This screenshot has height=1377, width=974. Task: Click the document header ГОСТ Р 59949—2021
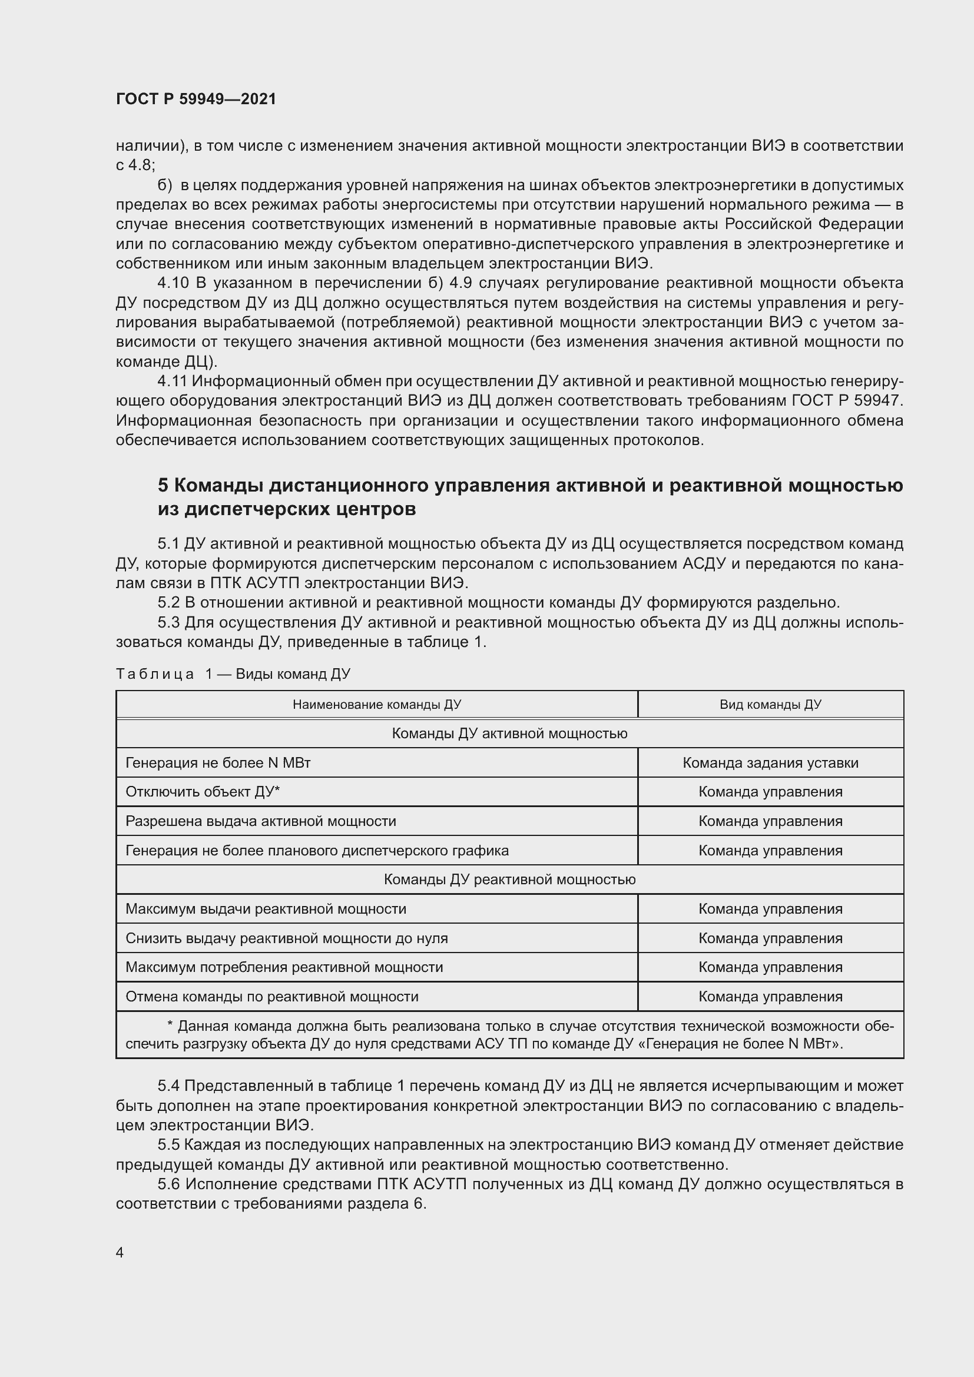click(x=196, y=99)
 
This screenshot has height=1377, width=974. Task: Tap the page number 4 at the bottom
click(x=120, y=1252)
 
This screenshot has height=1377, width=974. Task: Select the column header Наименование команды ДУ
click(x=377, y=704)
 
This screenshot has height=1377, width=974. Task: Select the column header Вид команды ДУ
click(x=770, y=704)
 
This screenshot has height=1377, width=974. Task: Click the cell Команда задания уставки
click(x=770, y=763)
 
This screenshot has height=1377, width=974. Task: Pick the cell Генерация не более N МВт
click(x=218, y=763)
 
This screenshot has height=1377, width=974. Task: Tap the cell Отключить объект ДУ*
click(x=203, y=792)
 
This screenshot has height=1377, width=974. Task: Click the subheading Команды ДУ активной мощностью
click(x=509, y=734)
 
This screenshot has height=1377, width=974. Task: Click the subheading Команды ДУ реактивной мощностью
click(x=509, y=879)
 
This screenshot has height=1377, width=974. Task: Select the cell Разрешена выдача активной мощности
click(x=261, y=821)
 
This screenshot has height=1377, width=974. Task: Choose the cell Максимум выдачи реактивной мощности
click(x=266, y=908)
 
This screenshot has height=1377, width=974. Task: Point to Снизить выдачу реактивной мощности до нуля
click(x=287, y=938)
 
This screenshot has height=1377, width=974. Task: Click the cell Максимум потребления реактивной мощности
click(x=284, y=967)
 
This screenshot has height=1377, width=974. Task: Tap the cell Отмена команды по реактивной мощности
click(x=271, y=996)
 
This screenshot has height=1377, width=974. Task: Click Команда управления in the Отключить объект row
click(x=770, y=792)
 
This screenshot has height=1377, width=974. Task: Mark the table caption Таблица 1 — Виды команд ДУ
click(x=233, y=674)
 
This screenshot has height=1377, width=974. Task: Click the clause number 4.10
click(x=173, y=283)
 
